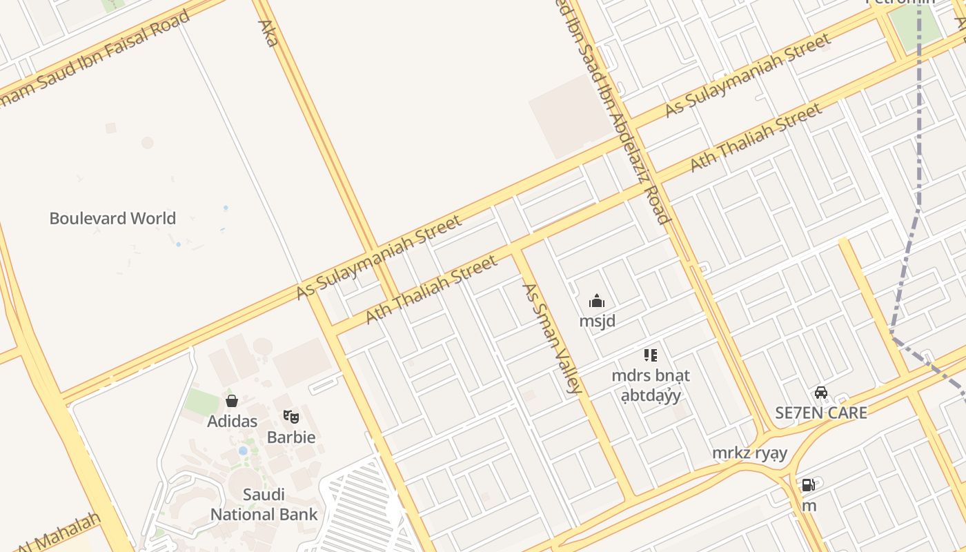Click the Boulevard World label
coord(112,219)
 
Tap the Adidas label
coord(233,421)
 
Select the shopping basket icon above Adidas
coord(232,401)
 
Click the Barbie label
coord(291,437)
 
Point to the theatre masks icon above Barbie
coord(291,417)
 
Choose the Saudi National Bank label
coord(264,504)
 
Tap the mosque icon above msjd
coord(597,301)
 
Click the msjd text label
coord(598,321)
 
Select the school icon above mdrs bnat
coord(650,355)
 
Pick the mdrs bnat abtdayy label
coord(651,386)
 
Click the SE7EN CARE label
coord(821,413)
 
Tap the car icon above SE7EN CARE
coord(821,393)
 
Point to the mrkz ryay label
coord(750,453)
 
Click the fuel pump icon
coord(808,485)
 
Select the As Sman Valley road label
coord(552,338)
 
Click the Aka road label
coord(268,32)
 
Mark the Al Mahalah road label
coord(59,533)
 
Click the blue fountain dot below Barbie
coord(243,451)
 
